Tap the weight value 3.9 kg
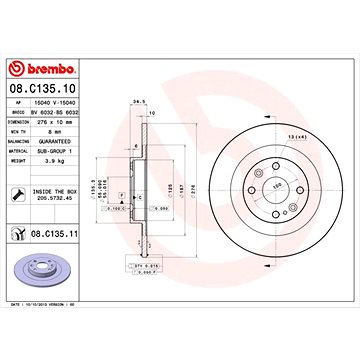55,158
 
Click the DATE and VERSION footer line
53,330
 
